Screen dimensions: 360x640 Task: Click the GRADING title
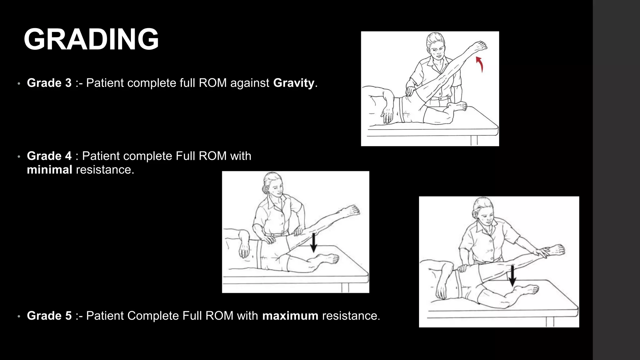click(x=91, y=39)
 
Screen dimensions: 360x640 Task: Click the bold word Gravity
click(x=293, y=83)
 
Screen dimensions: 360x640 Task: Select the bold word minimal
click(x=49, y=170)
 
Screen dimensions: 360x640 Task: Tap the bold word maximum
click(x=290, y=316)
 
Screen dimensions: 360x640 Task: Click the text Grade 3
click(x=49, y=83)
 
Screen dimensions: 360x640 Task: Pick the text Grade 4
click(x=49, y=156)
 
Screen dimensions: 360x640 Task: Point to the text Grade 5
click(x=49, y=316)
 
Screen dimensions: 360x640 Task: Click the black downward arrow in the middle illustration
click(x=313, y=243)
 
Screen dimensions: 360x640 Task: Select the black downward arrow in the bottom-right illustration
click(x=512, y=276)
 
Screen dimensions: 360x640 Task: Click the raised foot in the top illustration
click(x=480, y=47)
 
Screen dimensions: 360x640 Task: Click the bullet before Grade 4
click(x=19, y=157)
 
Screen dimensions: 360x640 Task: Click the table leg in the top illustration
click(x=474, y=140)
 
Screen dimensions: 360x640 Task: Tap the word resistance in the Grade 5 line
click(x=351, y=316)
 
